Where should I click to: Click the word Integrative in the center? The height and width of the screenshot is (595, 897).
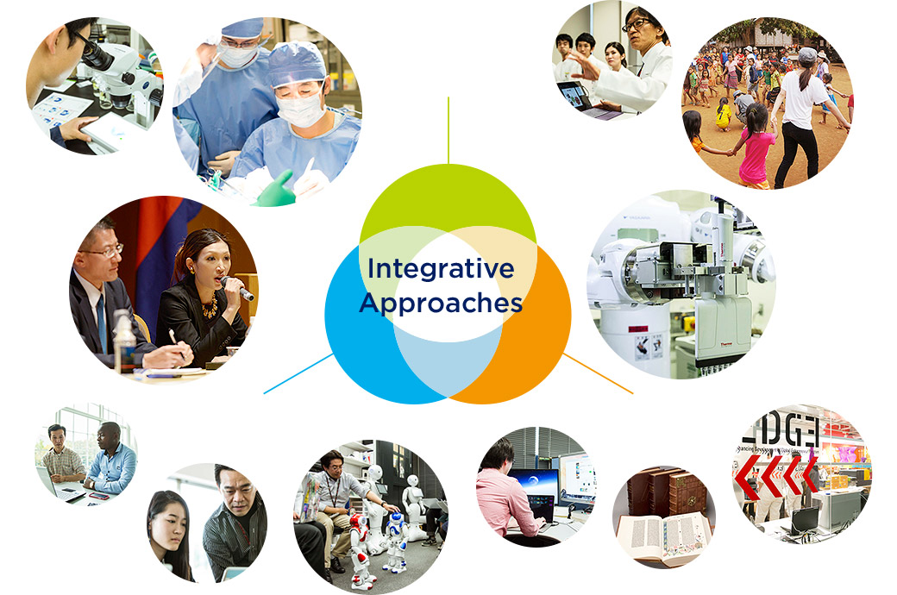pos(440,268)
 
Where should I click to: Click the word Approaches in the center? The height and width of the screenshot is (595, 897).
pos(441,304)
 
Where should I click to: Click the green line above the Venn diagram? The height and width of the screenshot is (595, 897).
pos(448,129)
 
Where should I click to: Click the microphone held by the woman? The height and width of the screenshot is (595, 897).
pos(237,289)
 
